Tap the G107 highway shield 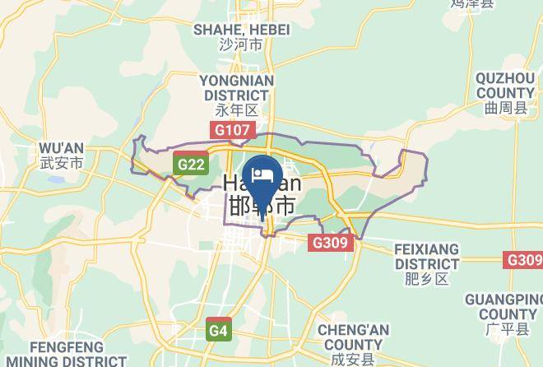(233, 130)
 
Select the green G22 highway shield (190, 165)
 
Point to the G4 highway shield (217, 331)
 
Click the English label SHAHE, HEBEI (241, 30)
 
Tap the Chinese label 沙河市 (241, 45)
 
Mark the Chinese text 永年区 (237, 109)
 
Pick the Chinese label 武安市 (62, 163)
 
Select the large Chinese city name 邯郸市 (261, 205)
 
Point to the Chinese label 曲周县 (504, 108)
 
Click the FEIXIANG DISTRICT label (426, 255)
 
